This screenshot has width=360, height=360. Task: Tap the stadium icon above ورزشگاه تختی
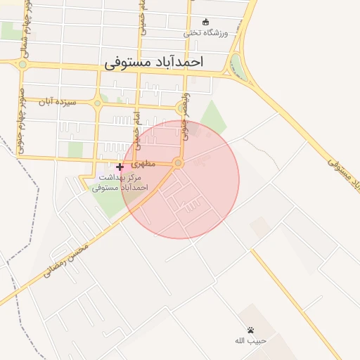coord(205,22)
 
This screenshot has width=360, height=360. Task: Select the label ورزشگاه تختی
coord(206,32)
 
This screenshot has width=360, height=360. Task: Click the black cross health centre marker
coord(120,167)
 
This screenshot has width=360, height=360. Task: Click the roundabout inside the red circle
coord(178,164)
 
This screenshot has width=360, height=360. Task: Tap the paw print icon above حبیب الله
coord(250,330)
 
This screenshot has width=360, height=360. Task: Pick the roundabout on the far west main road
coord(22,64)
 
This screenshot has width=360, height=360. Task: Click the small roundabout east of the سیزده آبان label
coord(97,104)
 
